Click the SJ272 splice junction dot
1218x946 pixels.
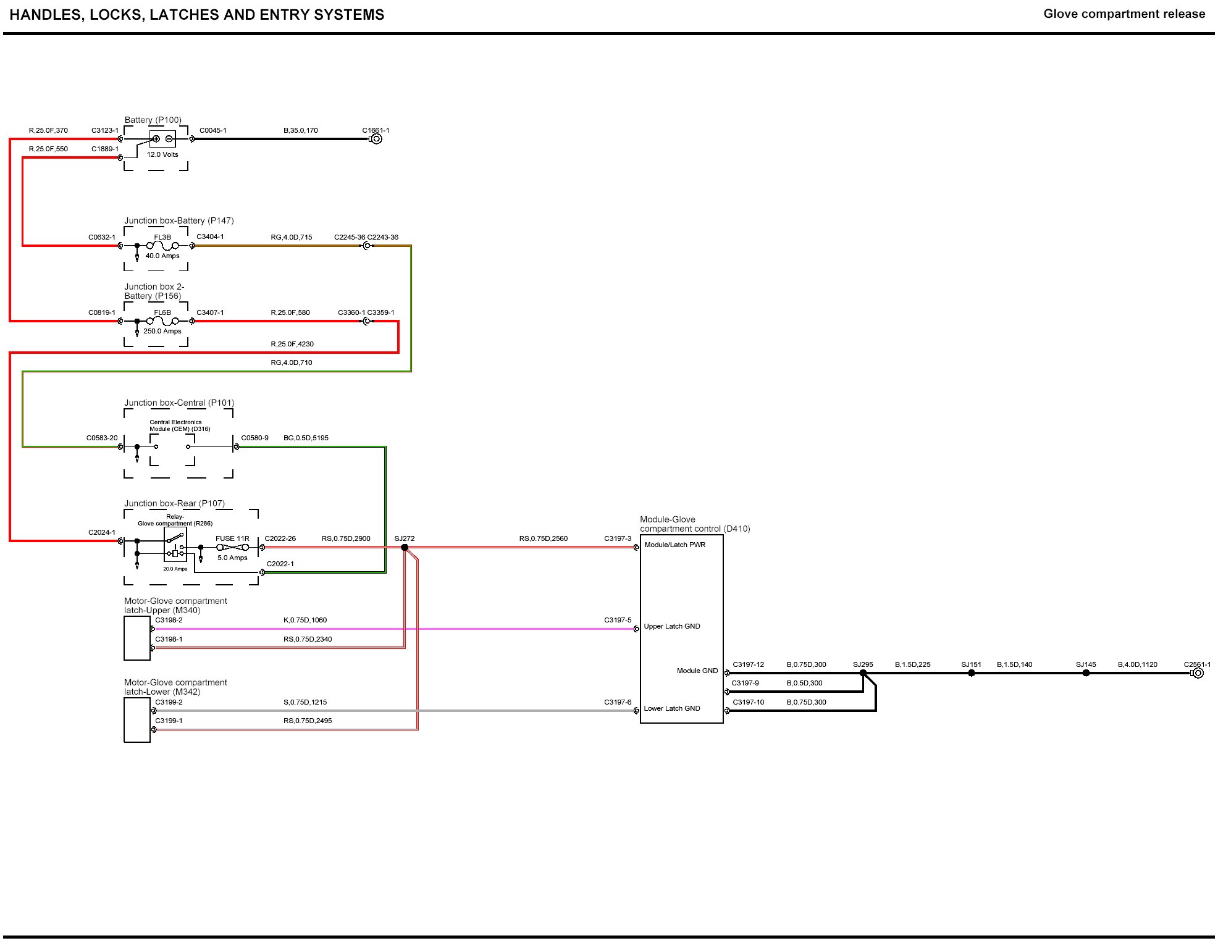pos(405,548)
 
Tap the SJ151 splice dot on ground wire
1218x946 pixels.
pos(972,673)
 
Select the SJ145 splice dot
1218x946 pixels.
pos(1086,673)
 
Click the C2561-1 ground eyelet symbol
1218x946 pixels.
pos(1198,673)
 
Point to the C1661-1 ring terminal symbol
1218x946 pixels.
pos(376,139)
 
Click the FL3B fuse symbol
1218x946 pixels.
pos(162,246)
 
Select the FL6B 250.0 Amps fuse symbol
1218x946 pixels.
pos(162,321)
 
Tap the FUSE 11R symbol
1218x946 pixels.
pos(232,547)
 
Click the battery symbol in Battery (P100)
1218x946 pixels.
pos(162,139)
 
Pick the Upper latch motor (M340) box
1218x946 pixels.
pos(137,638)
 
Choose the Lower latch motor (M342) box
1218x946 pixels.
pos(137,720)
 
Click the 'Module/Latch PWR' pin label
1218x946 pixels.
pos(674,545)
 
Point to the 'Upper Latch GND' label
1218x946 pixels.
pos(672,626)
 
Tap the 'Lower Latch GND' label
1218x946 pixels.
pos(672,708)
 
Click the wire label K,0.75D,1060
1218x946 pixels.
pos(305,620)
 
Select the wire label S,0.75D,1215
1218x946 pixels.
pos(305,702)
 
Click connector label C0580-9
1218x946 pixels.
pos(254,438)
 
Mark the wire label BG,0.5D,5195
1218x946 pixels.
pos(306,438)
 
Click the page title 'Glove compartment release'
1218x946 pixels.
pos(1124,14)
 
